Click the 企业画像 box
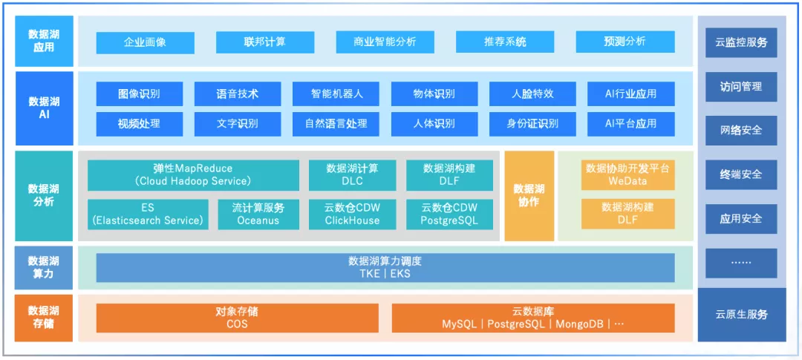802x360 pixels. click(x=145, y=42)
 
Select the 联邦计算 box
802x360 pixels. click(x=265, y=42)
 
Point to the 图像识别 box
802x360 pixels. click(x=139, y=94)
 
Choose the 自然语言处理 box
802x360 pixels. click(x=336, y=124)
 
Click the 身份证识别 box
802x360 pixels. click(x=532, y=124)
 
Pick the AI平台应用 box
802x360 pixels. click(x=630, y=124)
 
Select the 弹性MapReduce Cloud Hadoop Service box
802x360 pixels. click(x=193, y=175)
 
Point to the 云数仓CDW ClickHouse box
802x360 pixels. click(x=352, y=214)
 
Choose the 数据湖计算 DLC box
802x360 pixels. click(x=352, y=175)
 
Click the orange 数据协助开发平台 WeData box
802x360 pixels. click(x=627, y=175)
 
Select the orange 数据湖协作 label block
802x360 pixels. click(x=529, y=196)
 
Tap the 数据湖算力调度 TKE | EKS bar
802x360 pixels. click(x=385, y=267)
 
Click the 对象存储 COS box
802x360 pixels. click(x=237, y=318)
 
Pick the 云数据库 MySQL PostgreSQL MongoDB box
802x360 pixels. click(x=532, y=318)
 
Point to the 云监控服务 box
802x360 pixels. click(x=741, y=42)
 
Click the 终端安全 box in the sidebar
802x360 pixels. click(x=741, y=175)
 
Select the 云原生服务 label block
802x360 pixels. click(x=741, y=315)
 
